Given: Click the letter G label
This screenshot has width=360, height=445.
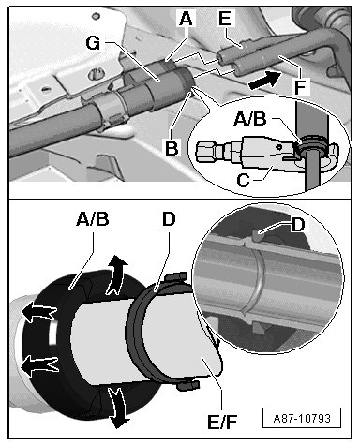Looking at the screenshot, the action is point(93,43).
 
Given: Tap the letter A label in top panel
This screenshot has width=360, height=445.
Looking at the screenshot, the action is point(186,18).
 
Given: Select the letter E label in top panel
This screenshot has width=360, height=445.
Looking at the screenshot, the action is point(225,18).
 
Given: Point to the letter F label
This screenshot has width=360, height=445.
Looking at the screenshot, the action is point(300,86).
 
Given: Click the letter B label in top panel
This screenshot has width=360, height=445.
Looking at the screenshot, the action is point(172,148).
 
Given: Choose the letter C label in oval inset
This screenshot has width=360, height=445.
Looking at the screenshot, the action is point(243,180).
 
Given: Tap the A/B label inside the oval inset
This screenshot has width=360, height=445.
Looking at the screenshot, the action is point(250,119).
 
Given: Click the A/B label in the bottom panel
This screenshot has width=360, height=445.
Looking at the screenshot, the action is point(93,219).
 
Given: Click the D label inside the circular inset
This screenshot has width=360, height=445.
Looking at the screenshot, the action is point(298,225).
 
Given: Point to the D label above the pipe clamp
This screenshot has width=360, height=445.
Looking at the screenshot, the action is point(169,219).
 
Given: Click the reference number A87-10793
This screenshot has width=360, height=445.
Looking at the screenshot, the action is point(302,418).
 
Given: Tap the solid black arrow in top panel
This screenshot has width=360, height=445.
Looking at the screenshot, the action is point(264,80).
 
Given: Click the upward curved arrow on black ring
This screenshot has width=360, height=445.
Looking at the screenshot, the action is point(115,274).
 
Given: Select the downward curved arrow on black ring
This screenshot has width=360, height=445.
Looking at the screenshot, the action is point(117,406).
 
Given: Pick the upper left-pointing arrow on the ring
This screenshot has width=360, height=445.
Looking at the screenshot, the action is point(38,312).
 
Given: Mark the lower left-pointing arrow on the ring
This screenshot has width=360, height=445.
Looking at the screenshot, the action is point(39,365).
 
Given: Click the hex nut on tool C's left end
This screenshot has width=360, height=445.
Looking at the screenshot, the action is point(205,152).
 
